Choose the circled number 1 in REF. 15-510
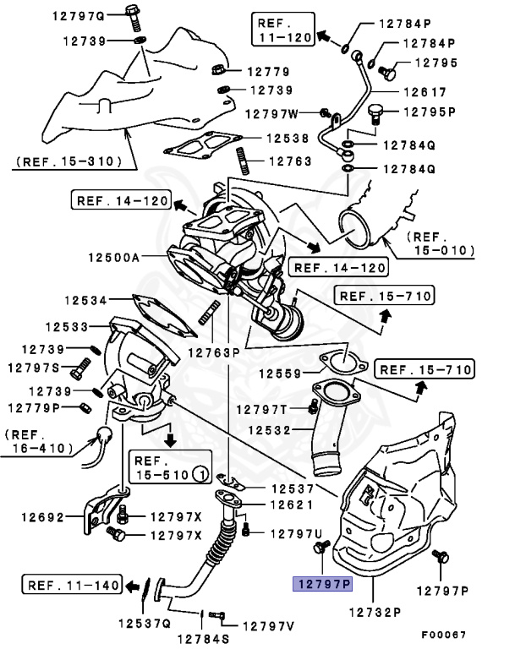coord(200,474)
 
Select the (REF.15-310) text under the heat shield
coord(68,160)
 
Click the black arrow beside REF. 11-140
coord(134,585)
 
